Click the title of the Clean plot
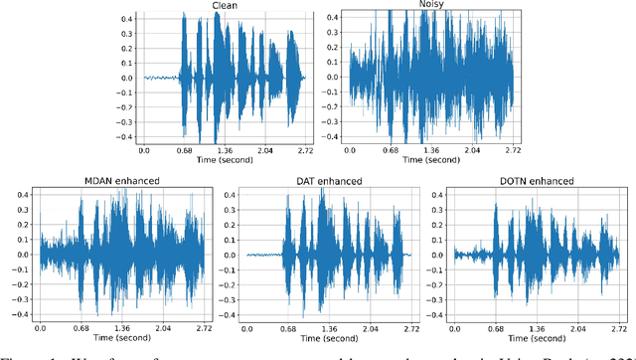[225, 6]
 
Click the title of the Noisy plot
[430, 6]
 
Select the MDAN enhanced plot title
[121, 181]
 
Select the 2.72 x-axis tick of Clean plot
[305, 149]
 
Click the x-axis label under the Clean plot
[225, 159]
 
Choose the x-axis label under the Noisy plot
[430, 159]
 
